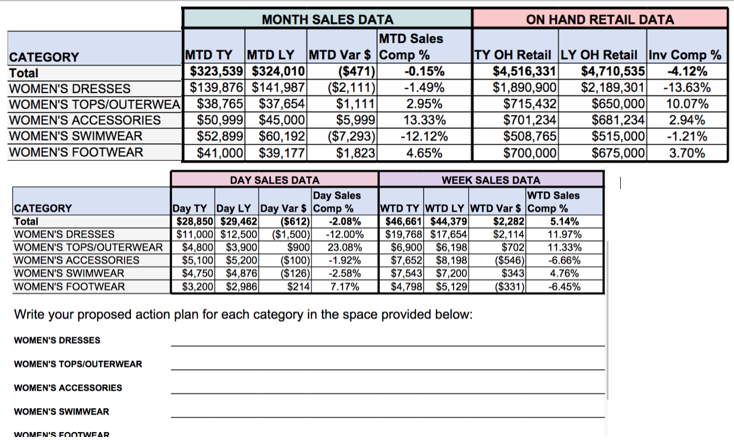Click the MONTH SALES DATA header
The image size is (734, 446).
[327, 20]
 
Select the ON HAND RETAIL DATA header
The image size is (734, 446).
[599, 20]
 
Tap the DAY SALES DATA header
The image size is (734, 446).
[275, 181]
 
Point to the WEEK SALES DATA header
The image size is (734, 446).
[490, 181]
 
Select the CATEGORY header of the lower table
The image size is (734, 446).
[43, 208]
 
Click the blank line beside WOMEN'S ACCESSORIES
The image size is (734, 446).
[387, 388]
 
